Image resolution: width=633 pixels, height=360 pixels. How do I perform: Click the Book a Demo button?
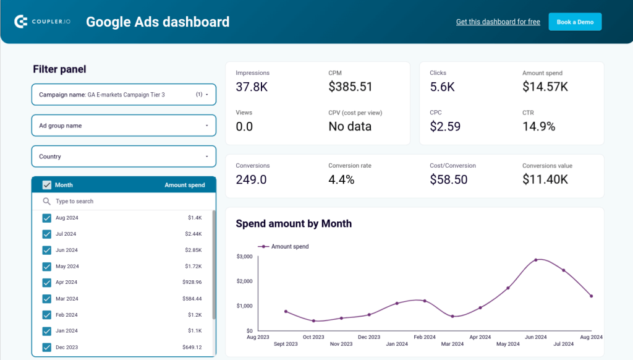pyautogui.click(x=575, y=22)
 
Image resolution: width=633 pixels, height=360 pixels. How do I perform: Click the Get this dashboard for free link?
pyautogui.click(x=498, y=22)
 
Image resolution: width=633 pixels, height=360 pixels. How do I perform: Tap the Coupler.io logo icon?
pyautogui.click(x=20, y=22)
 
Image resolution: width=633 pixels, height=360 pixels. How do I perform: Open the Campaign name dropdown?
pyautogui.click(x=124, y=95)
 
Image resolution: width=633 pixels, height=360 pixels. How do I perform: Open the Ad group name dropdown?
pyautogui.click(x=124, y=126)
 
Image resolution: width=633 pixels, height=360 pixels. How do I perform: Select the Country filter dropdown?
pyautogui.click(x=124, y=156)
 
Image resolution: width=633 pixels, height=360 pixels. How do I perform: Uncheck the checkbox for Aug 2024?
pyautogui.click(x=46, y=218)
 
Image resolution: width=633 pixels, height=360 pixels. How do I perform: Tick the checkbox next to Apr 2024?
pyautogui.click(x=46, y=282)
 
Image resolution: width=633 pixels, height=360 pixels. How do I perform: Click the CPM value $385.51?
pyautogui.click(x=350, y=87)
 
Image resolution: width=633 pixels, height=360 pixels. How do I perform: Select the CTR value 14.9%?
pyautogui.click(x=539, y=127)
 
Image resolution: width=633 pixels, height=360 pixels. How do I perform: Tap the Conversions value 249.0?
pyautogui.click(x=251, y=180)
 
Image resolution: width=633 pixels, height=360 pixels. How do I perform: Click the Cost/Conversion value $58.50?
pyautogui.click(x=449, y=180)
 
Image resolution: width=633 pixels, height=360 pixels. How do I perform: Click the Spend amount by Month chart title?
pyautogui.click(x=294, y=224)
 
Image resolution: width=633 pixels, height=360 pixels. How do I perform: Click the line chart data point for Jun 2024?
pyautogui.click(x=536, y=260)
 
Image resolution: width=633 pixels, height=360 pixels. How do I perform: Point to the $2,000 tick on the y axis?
pyautogui.click(x=245, y=281)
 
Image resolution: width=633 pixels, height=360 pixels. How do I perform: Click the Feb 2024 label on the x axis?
pyautogui.click(x=425, y=337)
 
